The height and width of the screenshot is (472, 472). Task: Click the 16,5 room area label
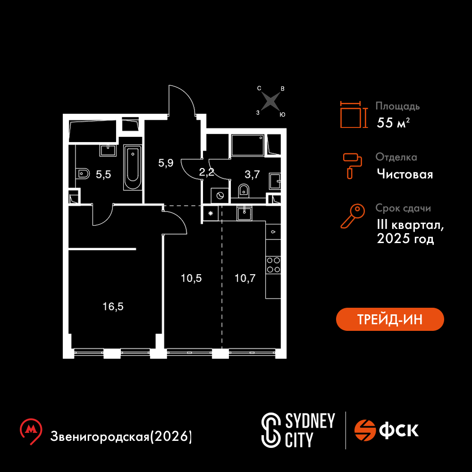coord(113,307)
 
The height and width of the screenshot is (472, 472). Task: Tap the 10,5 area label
coord(191,278)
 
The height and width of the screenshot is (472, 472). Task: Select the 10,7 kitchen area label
coord(245,278)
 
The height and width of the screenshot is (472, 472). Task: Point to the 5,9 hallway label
coord(166,163)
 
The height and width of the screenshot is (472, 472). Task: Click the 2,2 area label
coord(207,172)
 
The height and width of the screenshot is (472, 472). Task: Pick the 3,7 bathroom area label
coord(252,174)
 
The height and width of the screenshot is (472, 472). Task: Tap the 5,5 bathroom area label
coord(103,174)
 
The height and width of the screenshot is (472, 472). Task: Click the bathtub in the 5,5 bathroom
coord(133,168)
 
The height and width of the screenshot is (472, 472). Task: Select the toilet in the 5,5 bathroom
coord(83,174)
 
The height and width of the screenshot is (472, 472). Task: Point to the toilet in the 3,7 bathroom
coord(244,191)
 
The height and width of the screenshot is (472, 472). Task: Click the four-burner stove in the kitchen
coord(273,265)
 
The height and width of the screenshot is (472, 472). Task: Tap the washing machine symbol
coord(219,196)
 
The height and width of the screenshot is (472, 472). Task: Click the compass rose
coord(270,101)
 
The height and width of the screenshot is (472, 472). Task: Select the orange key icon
coord(353,216)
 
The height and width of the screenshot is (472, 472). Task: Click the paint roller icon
coord(352,166)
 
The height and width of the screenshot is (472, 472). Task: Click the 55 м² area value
coord(393,123)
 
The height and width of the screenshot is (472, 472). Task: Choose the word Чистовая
coord(405,174)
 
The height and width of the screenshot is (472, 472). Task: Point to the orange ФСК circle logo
coord(365,430)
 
